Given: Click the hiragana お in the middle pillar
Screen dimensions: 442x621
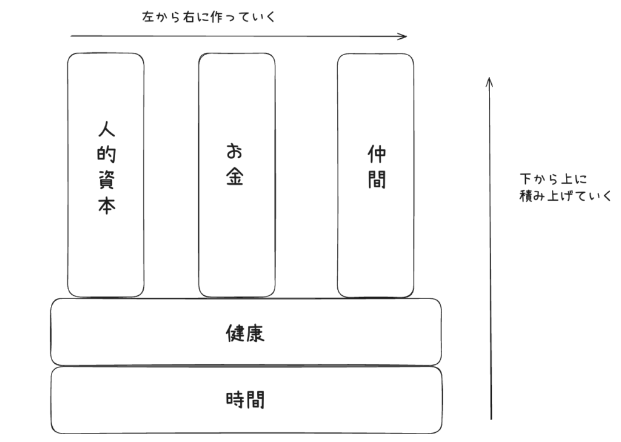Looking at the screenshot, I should click(236, 152).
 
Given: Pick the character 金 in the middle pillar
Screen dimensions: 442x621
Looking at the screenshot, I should click(235, 178).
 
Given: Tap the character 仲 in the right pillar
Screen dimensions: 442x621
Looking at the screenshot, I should click(376, 155).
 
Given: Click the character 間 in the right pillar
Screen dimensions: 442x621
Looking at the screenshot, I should click(376, 180).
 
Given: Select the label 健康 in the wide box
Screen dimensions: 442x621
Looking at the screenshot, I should click(245, 333).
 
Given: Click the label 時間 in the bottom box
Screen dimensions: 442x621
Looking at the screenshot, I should click(245, 400).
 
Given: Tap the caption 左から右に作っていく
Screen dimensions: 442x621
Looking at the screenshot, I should click(208, 17).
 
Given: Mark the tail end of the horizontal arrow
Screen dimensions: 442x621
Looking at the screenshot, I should click(72, 36).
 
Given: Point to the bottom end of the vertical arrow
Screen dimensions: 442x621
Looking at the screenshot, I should click(491, 418).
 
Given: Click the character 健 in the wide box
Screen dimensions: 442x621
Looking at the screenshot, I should click(235, 333).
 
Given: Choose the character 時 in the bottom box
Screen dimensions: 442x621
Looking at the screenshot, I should click(235, 400).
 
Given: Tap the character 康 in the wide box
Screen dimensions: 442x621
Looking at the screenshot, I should click(255, 333).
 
